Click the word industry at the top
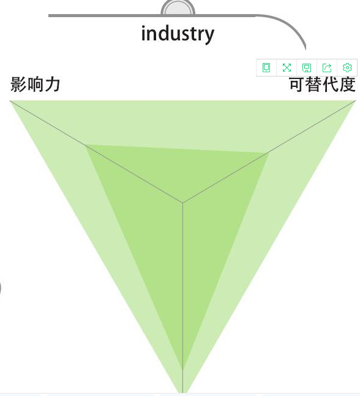(x=178, y=34)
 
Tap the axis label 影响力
(x=36, y=84)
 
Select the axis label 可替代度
(x=323, y=84)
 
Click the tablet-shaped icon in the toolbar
(x=266, y=68)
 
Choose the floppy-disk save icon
(x=307, y=68)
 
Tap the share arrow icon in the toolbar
(x=327, y=68)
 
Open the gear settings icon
(x=347, y=68)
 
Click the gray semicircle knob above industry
(x=178, y=7)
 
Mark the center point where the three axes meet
(x=182, y=203)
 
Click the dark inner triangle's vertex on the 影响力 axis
(x=86, y=145)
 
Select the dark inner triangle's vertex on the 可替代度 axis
(x=268, y=153)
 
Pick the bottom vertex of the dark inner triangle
(x=182, y=369)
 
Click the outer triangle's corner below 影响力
(x=10, y=101)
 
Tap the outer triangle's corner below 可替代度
(x=356, y=101)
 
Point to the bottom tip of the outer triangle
(x=182, y=393)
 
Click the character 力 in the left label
(x=53, y=84)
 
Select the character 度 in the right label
(x=348, y=84)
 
